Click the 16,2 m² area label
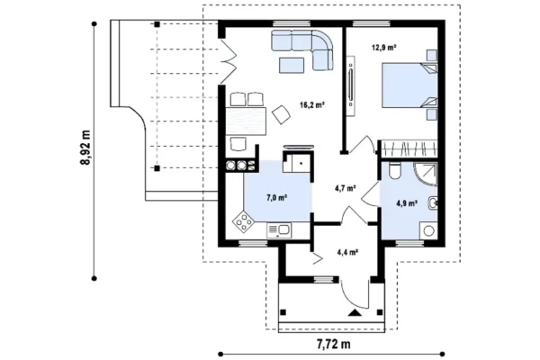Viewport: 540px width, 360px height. tap(312, 104)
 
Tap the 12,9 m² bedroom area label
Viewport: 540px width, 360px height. tap(383, 47)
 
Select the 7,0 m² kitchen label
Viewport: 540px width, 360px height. tap(277, 198)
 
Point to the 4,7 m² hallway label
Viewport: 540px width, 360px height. tap(345, 188)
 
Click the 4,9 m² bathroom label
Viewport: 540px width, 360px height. tap(407, 203)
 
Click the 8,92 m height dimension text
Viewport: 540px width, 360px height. tap(85, 148)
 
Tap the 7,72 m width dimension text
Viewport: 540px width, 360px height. tap(333, 344)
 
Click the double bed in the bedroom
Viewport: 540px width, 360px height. tap(409, 85)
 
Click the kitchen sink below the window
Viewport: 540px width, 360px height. tap(279, 230)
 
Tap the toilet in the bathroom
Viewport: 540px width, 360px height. tap(394, 170)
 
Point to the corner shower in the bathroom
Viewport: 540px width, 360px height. tap(426, 175)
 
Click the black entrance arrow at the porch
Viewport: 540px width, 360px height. tap(355, 313)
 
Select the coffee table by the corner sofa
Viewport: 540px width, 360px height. tap(292, 65)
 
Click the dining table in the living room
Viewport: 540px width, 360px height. tap(246, 121)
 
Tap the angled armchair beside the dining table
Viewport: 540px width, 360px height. tap(281, 114)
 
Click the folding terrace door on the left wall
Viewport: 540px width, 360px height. tap(229, 62)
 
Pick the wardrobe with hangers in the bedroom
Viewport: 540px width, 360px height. tap(408, 148)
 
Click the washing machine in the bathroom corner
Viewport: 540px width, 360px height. tap(428, 230)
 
